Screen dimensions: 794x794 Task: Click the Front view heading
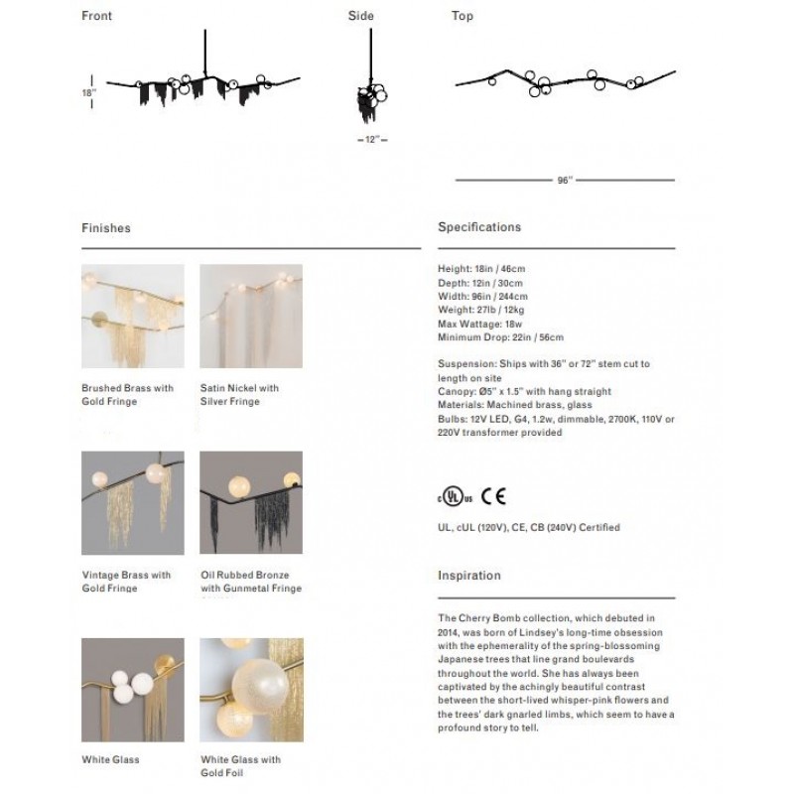(x=96, y=16)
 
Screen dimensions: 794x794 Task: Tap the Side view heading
(x=360, y=16)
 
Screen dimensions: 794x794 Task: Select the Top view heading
(x=462, y=16)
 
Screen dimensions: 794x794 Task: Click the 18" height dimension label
(x=89, y=91)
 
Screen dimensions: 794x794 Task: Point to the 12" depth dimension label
(x=371, y=141)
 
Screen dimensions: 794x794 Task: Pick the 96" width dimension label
(x=564, y=181)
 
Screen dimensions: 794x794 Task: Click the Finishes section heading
(x=105, y=228)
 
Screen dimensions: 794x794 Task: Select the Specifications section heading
(x=478, y=227)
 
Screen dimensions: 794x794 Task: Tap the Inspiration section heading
(x=468, y=576)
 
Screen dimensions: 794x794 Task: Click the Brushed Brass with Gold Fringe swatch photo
(x=132, y=317)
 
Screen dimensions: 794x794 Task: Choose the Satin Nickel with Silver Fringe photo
(x=251, y=317)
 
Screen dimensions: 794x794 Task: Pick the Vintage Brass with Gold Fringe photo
(x=132, y=503)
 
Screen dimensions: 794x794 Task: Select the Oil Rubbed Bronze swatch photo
(x=251, y=503)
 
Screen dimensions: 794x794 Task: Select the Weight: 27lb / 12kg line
(x=480, y=311)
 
